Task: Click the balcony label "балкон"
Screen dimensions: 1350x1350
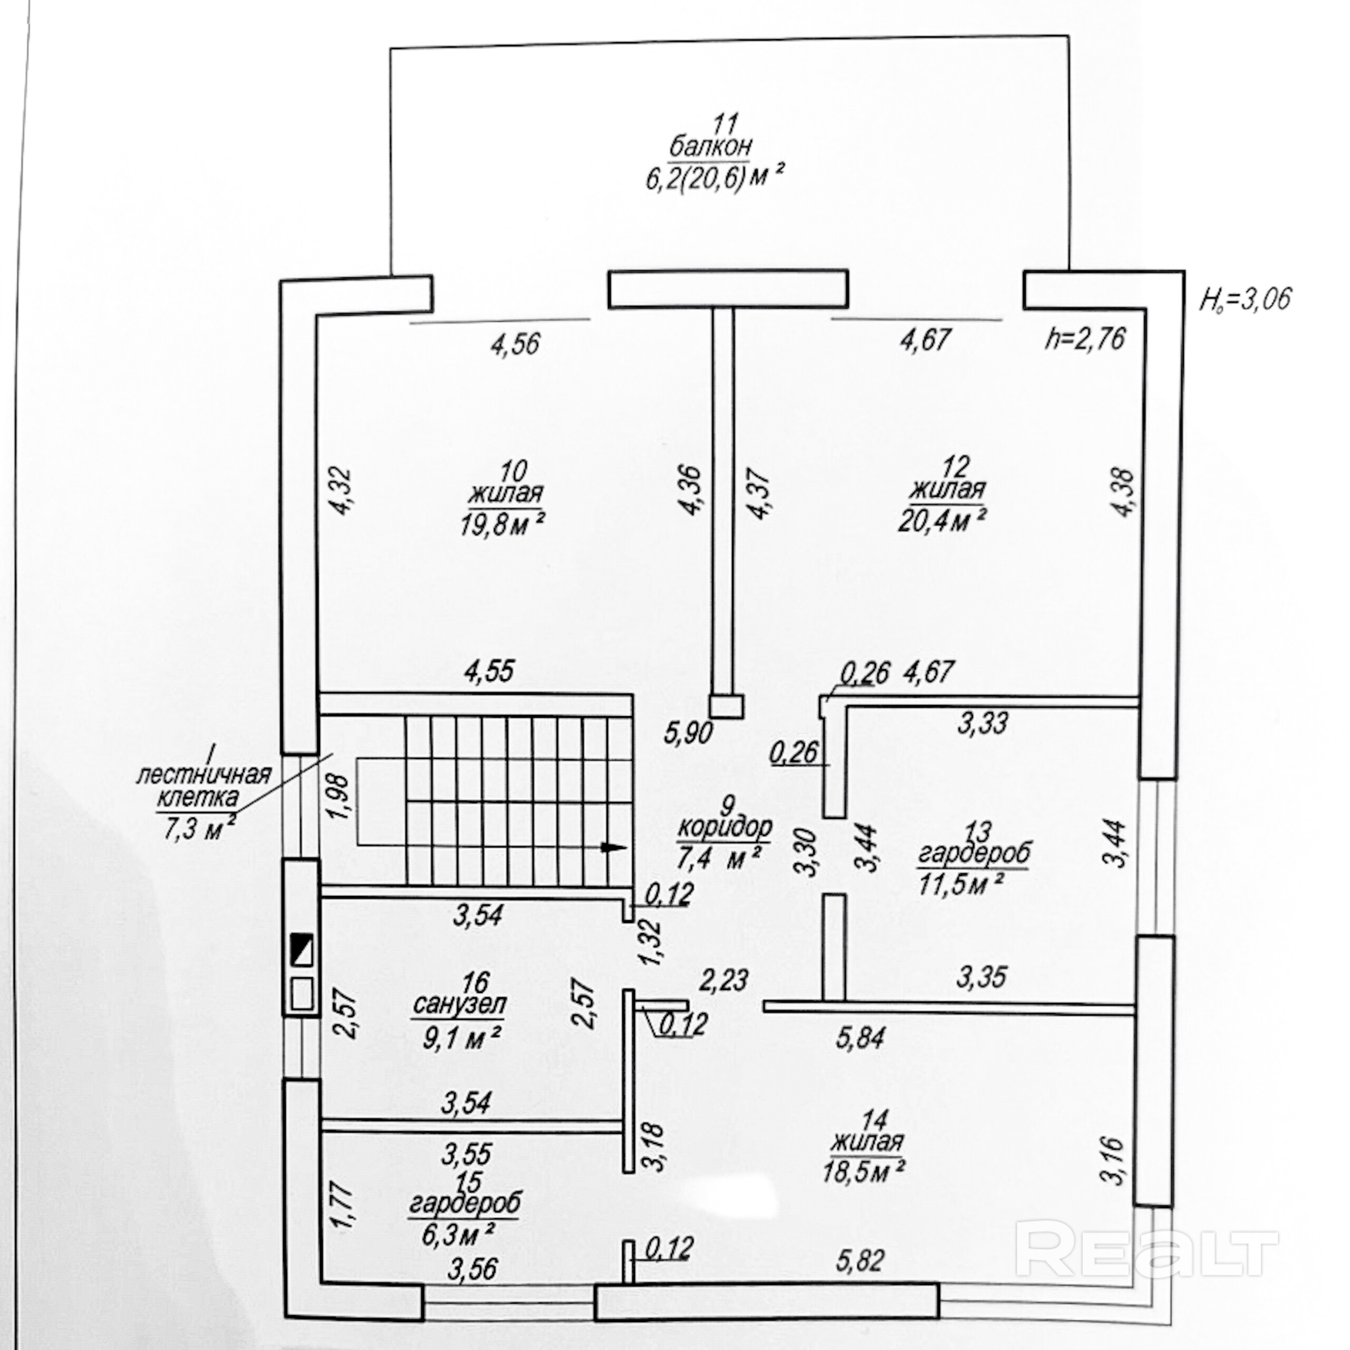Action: (x=711, y=147)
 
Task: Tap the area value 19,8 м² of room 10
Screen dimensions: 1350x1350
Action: (x=503, y=523)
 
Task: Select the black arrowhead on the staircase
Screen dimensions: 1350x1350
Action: (x=612, y=847)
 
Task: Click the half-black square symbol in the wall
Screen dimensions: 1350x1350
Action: (x=301, y=951)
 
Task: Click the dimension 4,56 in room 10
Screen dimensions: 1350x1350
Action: (x=515, y=344)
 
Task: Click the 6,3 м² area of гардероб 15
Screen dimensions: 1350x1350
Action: (x=458, y=1236)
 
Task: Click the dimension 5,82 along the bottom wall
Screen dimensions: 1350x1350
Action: (x=860, y=1260)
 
